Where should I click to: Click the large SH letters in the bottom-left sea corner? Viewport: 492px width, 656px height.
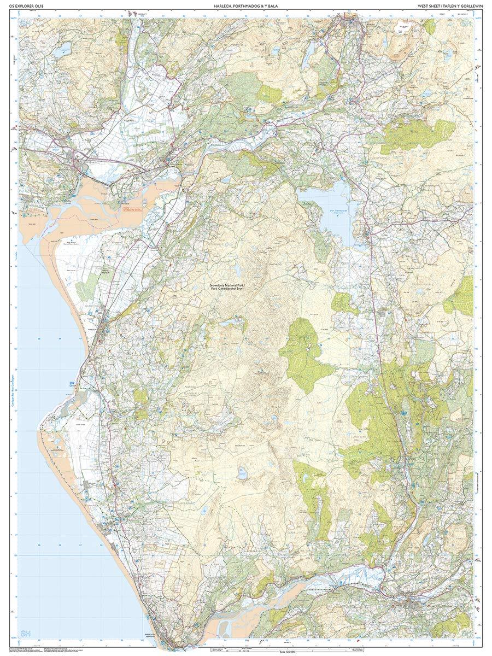click(x=25, y=632)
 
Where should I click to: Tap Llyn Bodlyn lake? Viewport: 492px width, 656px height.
click(x=241, y=475)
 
